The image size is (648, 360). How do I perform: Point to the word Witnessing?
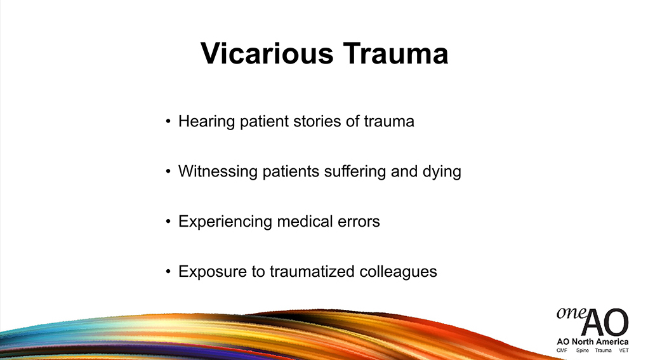pos(218,172)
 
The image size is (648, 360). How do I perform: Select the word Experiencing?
pos(225,222)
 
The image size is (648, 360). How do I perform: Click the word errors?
pos(359,222)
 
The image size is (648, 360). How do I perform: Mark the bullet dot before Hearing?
pos(168,121)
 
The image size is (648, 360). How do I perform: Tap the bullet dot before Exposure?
pos(168,272)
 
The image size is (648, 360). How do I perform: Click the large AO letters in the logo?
pos(605,323)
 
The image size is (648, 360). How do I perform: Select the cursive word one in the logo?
pos(571,313)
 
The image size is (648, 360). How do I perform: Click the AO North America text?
pos(593,342)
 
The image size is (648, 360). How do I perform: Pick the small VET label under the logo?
pos(624,350)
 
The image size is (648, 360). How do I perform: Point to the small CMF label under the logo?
pos(562,350)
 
